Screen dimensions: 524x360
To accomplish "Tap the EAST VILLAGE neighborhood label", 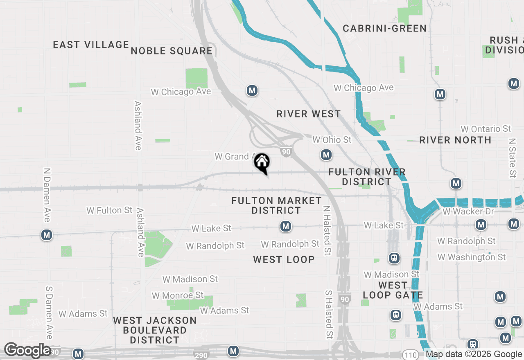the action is pos(91,45).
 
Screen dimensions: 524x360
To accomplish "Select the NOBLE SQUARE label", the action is pos(172,51).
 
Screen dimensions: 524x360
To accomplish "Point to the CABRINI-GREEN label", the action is pos(384,28).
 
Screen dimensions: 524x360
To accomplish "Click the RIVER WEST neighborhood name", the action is pos(308,114).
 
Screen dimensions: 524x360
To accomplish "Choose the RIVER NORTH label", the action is pos(455,140).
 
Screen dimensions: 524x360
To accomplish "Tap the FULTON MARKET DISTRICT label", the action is pos(276,205).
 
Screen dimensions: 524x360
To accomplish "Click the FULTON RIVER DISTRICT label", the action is pos(367,177).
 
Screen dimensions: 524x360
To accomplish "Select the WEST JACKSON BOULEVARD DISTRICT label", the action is pos(155,330).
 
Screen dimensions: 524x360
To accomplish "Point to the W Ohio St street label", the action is pos(332,140).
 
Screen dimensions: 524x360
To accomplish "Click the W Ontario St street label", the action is pos(486,129).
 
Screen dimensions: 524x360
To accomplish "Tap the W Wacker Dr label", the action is pos(468,211).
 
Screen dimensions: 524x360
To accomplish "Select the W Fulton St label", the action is pos(109,210).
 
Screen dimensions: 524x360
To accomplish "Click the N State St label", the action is pos(512,157).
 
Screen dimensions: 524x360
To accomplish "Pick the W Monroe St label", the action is pos(177,295).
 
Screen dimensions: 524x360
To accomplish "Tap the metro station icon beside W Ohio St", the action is pos(326,155).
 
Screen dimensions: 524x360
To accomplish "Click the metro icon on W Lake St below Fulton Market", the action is pos(285,226).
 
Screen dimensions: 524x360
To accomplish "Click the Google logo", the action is pos(27,350).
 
